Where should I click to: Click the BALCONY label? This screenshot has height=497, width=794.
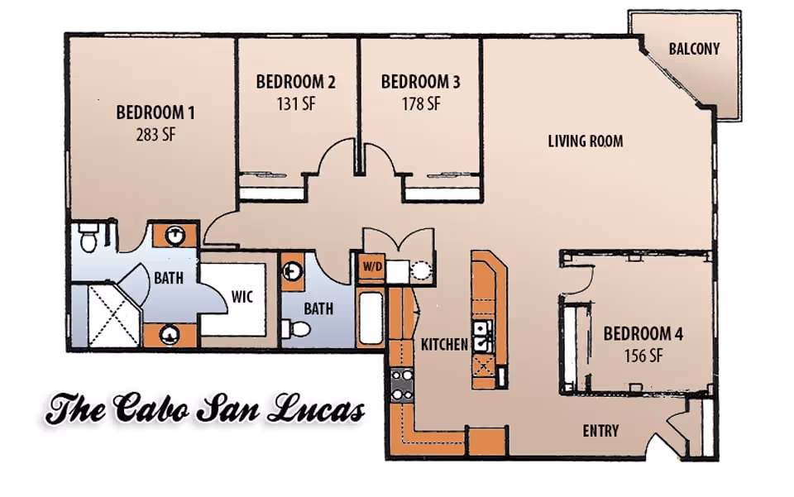(693, 49)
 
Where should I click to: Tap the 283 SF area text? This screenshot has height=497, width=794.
(155, 134)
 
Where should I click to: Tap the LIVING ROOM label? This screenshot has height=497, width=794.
(586, 141)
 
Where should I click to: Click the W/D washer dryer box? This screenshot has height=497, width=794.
(370, 268)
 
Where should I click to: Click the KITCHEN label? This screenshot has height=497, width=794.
(444, 344)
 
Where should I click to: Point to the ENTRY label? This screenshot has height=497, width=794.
(600, 431)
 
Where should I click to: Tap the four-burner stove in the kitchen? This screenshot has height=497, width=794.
(402, 384)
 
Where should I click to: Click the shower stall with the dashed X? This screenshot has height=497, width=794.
(113, 315)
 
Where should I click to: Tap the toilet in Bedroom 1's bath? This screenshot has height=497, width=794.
(88, 239)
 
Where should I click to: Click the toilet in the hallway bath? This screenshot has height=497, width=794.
(296, 329)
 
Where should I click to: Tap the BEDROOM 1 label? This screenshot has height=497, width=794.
(155, 112)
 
